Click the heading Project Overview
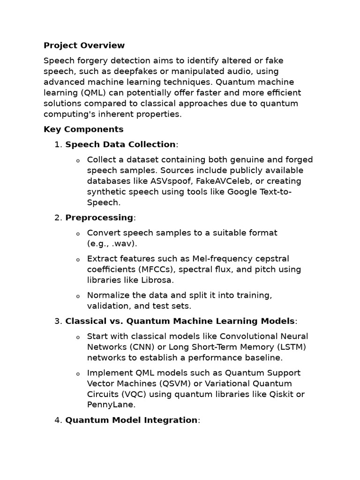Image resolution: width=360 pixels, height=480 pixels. click(x=84, y=45)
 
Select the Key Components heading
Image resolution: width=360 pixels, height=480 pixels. click(x=83, y=129)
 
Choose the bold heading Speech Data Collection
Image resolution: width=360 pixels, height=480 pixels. click(x=120, y=144)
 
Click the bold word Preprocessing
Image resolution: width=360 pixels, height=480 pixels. click(x=99, y=217)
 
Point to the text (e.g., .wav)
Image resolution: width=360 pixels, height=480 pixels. click(x=112, y=244)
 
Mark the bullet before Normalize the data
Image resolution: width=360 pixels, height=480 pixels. click(x=78, y=296)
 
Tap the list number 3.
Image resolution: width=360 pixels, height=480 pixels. click(x=58, y=321)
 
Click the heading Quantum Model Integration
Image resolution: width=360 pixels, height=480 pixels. click(x=131, y=420)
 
